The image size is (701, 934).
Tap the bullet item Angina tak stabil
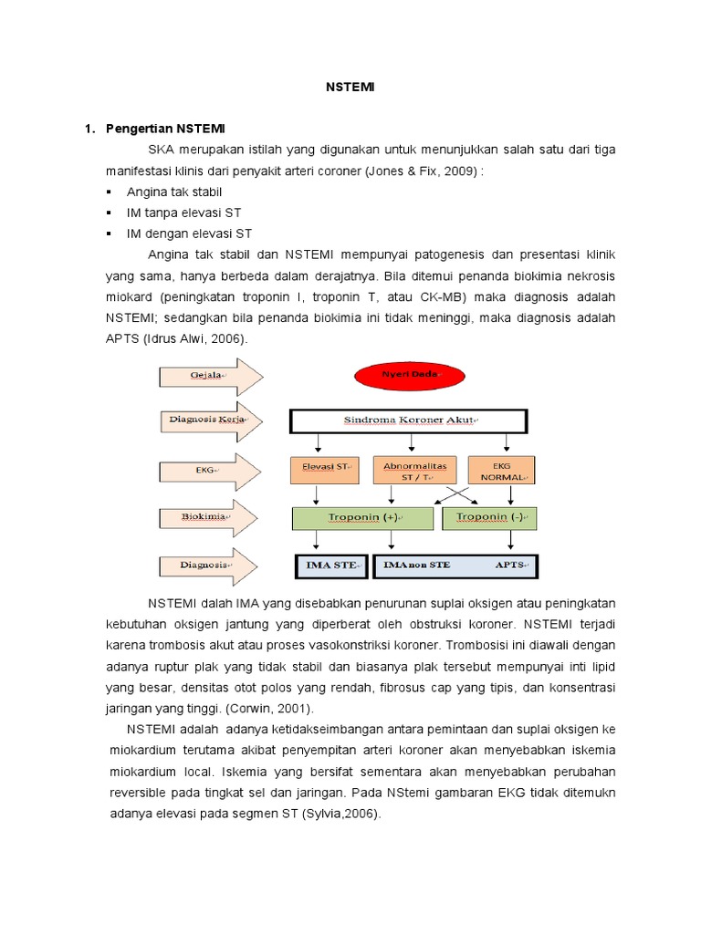pyautogui.click(x=174, y=192)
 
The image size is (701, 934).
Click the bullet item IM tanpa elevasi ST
pyautogui.click(x=183, y=213)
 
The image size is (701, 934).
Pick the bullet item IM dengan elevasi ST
pyautogui.click(x=189, y=234)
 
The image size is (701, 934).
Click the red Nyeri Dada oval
pyautogui.click(x=410, y=374)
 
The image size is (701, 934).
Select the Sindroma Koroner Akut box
pyautogui.click(x=408, y=420)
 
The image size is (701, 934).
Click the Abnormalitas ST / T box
pyautogui.click(x=414, y=469)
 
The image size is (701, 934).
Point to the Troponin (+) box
pyautogui.click(x=361, y=517)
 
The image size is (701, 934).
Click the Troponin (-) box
pyautogui.click(x=490, y=517)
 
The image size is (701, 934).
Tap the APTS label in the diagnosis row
pyautogui.click(x=510, y=565)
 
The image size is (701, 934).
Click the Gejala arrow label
pyautogui.click(x=209, y=375)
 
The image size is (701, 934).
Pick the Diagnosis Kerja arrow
pyautogui.click(x=209, y=420)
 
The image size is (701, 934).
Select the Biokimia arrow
pyautogui.click(x=209, y=516)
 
